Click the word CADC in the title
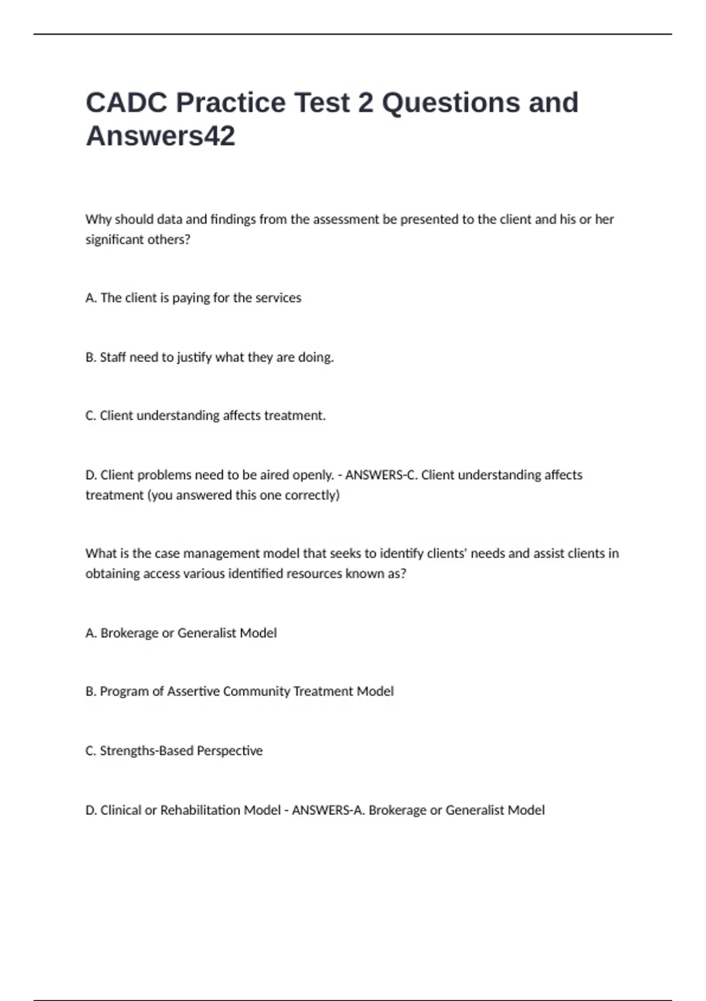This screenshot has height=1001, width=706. click(x=126, y=102)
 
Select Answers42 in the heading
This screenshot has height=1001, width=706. click(x=160, y=136)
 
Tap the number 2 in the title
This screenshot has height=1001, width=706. click(x=365, y=102)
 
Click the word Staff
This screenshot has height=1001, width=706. click(x=113, y=357)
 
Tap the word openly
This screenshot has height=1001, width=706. click(x=314, y=475)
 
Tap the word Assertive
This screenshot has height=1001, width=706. click(x=193, y=691)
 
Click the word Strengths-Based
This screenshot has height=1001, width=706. click(x=146, y=751)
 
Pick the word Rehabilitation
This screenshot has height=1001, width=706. click(x=200, y=810)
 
